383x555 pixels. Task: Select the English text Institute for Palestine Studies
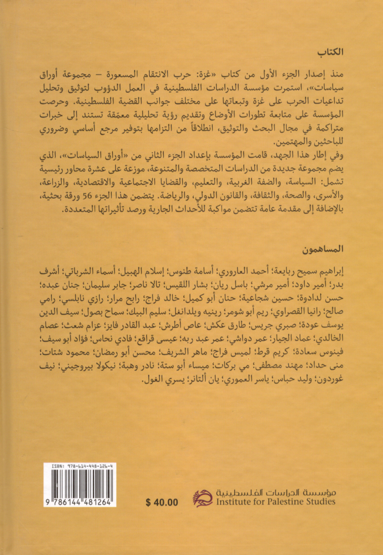(274, 501)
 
